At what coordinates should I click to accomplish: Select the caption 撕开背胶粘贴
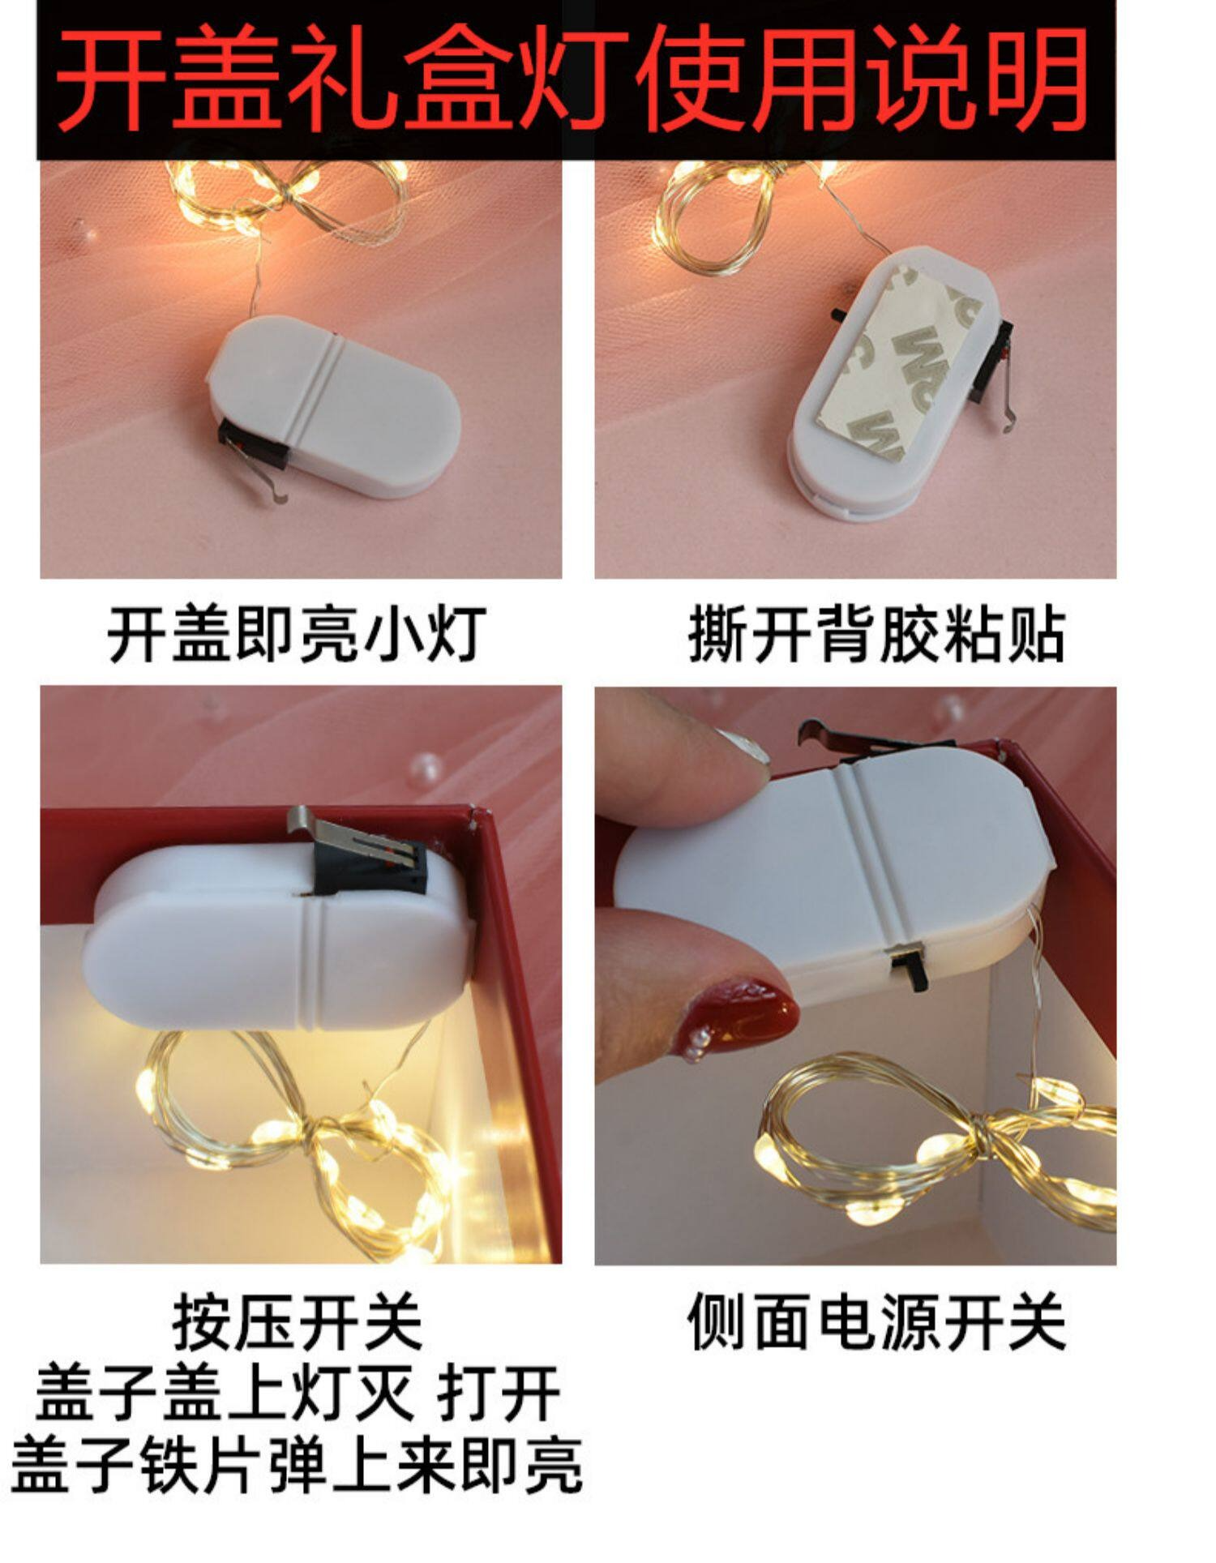(876, 633)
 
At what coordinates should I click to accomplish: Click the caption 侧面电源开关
(876, 1321)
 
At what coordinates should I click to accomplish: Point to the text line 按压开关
(297, 1322)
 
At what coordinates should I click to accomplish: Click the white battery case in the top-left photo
(332, 405)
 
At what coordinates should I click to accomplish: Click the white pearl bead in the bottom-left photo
(426, 766)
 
